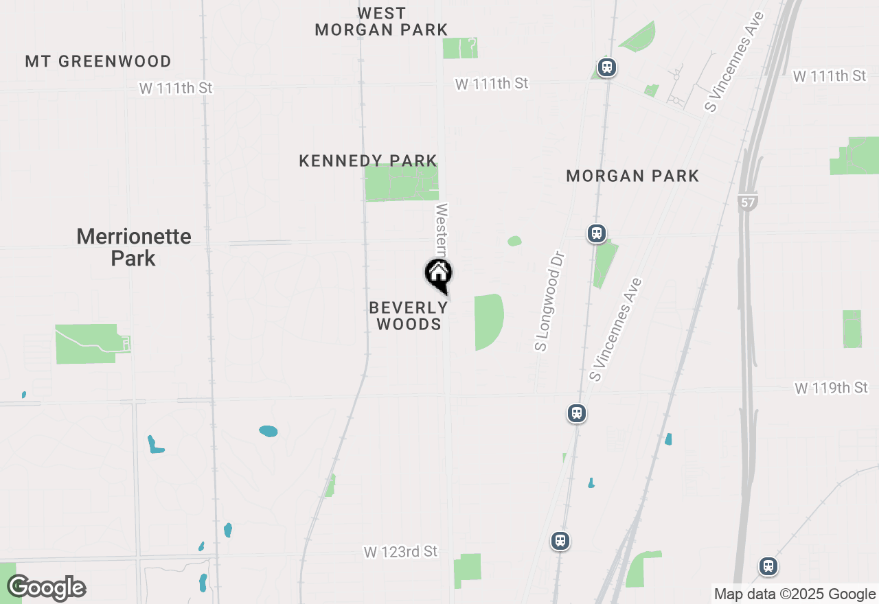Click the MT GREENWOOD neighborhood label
(98, 62)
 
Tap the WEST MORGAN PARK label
(381, 21)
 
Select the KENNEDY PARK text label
(368, 161)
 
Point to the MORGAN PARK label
(632, 176)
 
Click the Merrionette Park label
(134, 247)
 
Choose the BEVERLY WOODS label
(409, 316)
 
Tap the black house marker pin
(438, 275)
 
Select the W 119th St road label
(831, 388)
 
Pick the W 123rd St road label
(400, 552)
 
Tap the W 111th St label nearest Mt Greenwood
(176, 88)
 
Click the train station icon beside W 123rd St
(560, 541)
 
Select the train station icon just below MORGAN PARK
(596, 233)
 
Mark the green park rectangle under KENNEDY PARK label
(401, 183)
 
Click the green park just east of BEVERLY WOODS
(488, 321)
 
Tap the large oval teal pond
(268, 431)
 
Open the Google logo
(46, 588)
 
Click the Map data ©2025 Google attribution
(794, 594)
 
